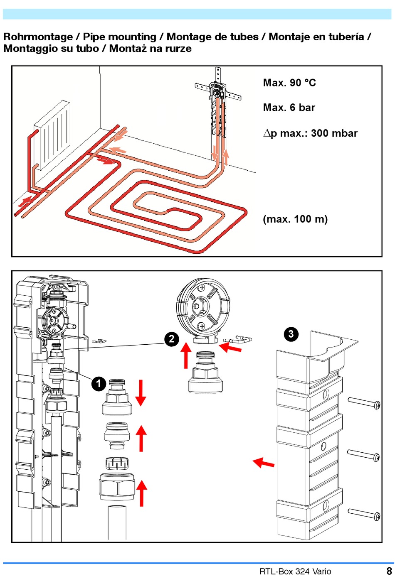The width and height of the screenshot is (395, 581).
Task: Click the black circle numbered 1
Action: point(99,383)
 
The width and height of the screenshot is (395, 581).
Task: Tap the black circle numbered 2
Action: point(172,339)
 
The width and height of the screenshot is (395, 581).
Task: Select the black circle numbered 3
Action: point(291,334)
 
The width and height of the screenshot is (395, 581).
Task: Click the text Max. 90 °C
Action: point(289,83)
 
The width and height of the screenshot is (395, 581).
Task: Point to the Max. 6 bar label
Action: point(289,108)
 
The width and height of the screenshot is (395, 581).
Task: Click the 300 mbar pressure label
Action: point(334,133)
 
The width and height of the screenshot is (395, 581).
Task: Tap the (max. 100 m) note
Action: point(295,219)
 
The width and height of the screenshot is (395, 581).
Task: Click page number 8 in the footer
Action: point(389,571)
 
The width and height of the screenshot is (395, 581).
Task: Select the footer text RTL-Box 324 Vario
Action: point(295,571)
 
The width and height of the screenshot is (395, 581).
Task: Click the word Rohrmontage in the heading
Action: point(38,37)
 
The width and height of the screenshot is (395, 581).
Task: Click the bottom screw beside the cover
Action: point(364,514)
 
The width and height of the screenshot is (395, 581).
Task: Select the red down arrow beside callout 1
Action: point(141,393)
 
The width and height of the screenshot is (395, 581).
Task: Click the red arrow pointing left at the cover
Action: point(263,463)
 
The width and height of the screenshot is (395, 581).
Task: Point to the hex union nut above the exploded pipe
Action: point(117,487)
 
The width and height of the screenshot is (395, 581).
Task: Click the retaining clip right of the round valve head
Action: point(237,339)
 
